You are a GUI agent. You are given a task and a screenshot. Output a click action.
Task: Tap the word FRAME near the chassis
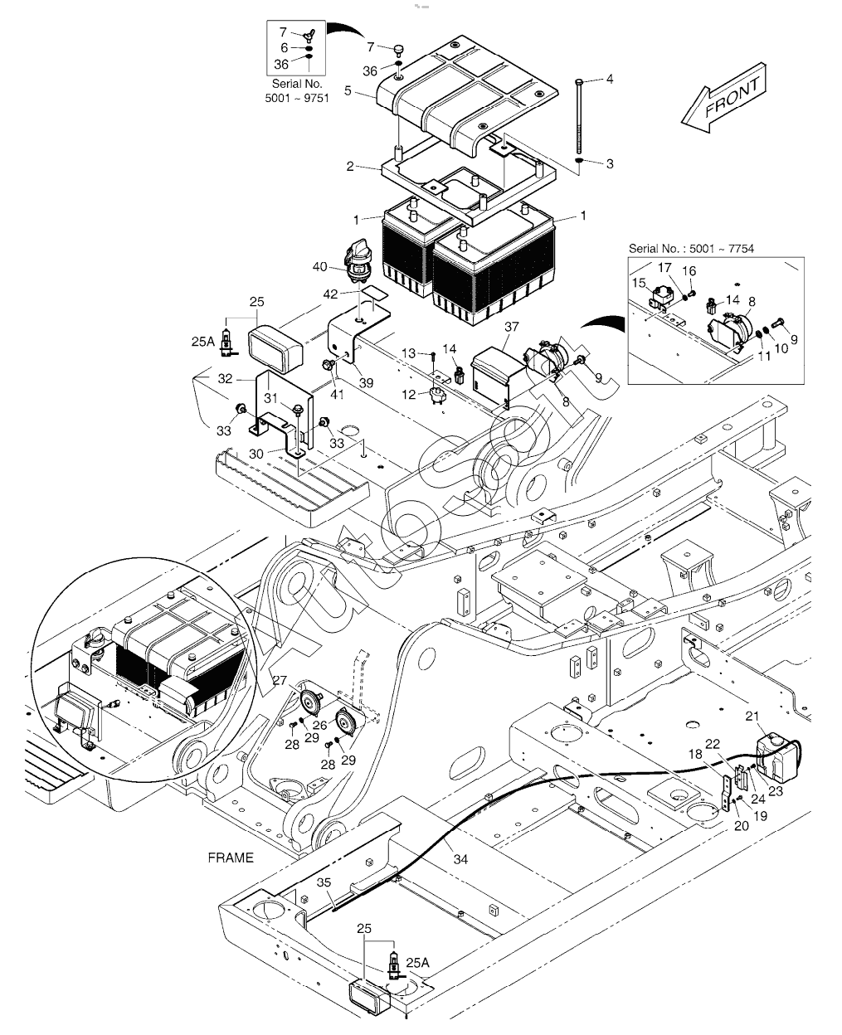click(x=231, y=858)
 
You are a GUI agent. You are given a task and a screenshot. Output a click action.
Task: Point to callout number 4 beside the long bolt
click(x=610, y=80)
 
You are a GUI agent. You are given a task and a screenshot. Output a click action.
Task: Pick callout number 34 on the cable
click(x=460, y=859)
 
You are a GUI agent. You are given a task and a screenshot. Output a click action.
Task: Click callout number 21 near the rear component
click(x=752, y=717)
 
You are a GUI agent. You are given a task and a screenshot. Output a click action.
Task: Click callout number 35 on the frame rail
click(x=323, y=883)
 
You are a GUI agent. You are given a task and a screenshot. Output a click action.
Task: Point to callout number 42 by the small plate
click(x=330, y=294)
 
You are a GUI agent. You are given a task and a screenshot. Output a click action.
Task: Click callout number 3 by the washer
click(x=610, y=164)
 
